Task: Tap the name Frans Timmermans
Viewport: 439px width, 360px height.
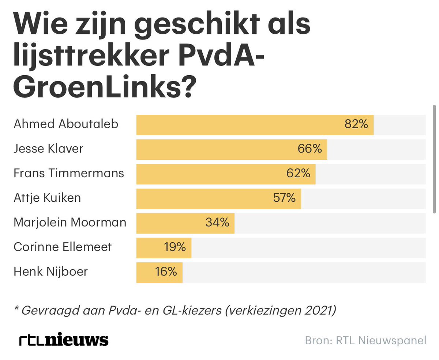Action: click(x=69, y=173)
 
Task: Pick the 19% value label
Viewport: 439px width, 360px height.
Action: click(x=175, y=247)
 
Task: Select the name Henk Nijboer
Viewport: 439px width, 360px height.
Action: click(x=50, y=272)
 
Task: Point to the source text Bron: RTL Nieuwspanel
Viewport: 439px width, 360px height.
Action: click(x=365, y=341)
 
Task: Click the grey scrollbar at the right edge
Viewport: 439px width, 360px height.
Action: click(x=434, y=159)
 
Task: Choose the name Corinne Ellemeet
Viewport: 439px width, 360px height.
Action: click(x=63, y=247)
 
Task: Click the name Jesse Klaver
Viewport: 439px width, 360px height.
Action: click(x=48, y=149)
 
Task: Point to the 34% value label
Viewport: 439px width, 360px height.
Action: click(x=217, y=222)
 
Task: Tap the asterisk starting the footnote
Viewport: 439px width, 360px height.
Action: click(x=16, y=309)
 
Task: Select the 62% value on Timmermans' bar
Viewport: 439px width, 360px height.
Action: click(x=298, y=174)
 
